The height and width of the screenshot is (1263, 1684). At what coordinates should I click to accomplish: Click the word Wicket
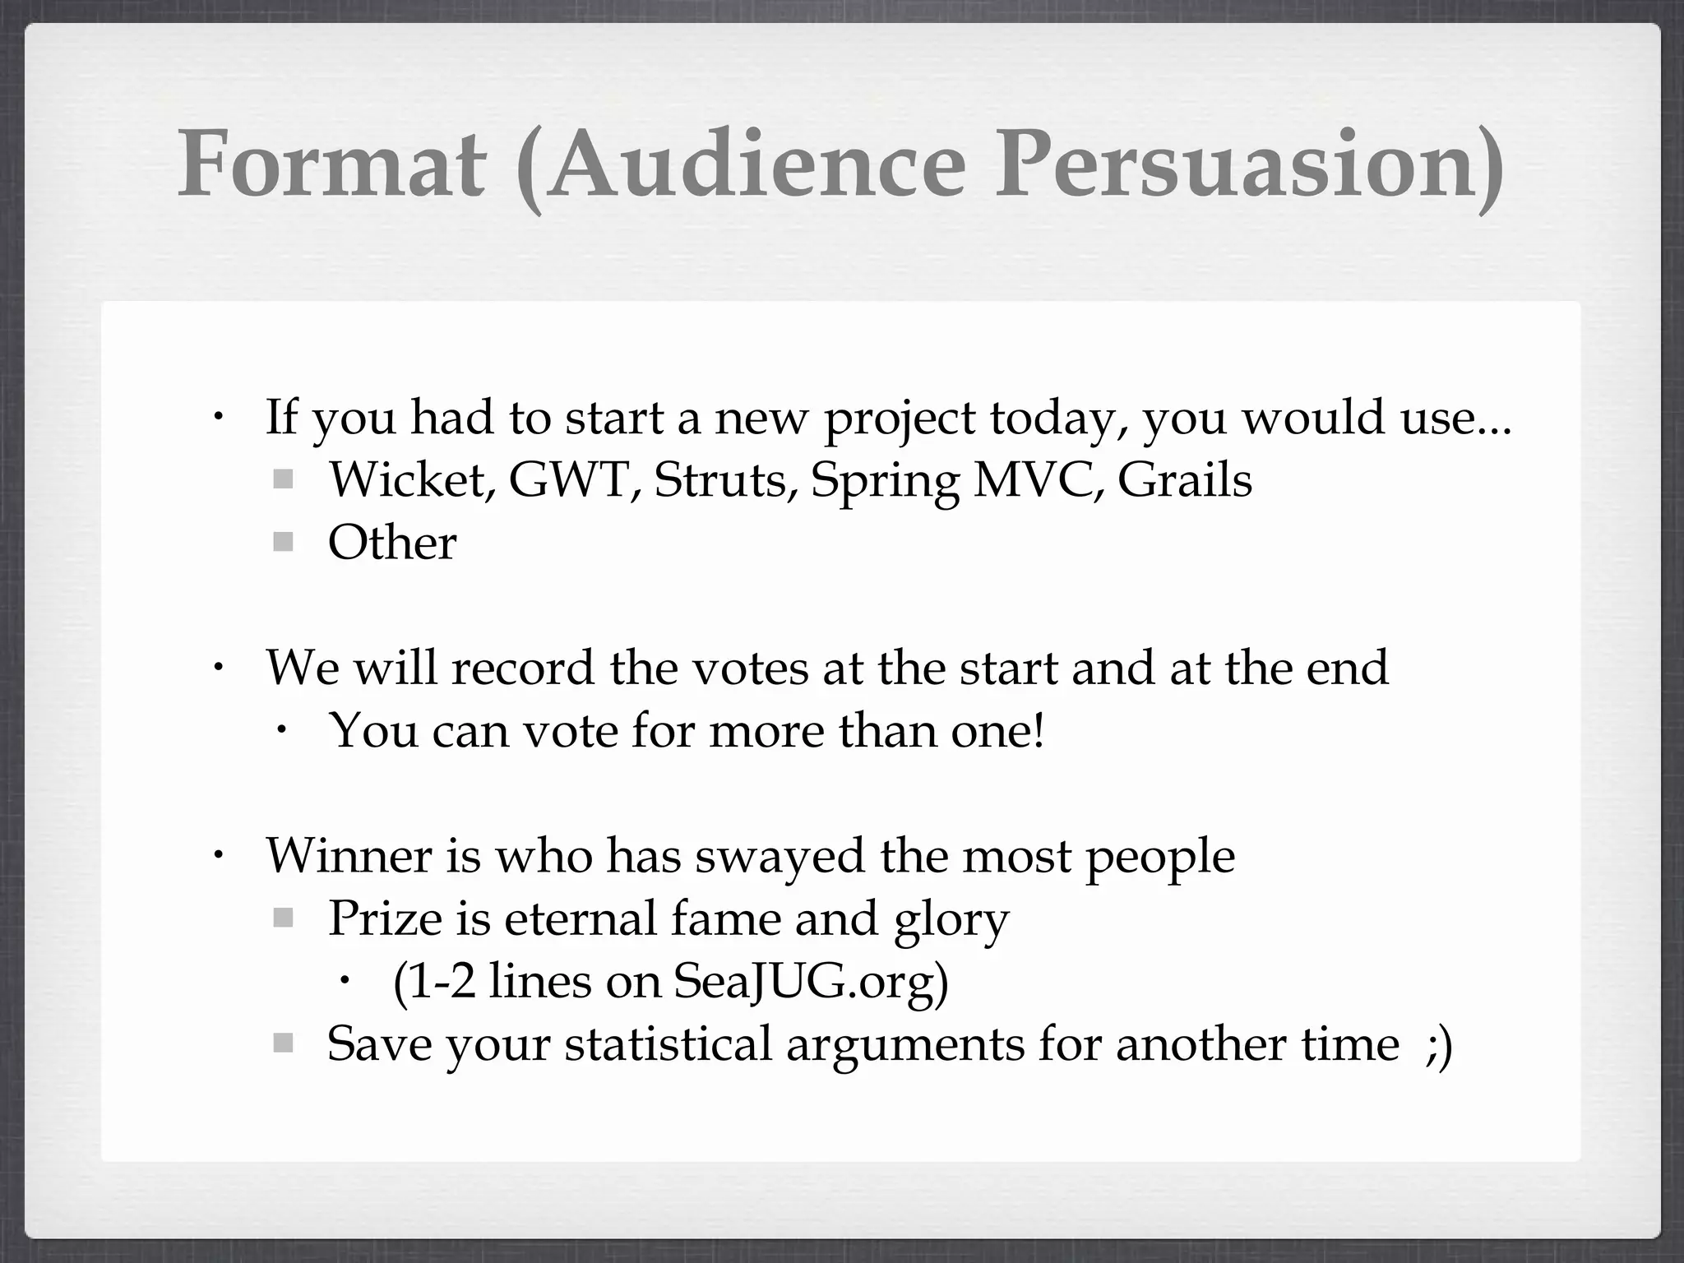409,479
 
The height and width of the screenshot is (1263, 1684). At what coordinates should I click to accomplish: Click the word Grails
1184,479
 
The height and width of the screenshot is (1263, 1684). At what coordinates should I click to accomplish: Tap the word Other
392,543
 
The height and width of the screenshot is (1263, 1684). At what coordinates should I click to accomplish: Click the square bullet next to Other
283,543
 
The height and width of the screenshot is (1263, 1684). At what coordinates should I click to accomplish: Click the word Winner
349,856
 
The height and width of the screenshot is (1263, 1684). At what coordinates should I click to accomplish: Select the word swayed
780,856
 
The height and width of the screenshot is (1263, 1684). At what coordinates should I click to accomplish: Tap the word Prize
385,918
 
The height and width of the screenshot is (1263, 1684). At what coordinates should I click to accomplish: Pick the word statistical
668,1044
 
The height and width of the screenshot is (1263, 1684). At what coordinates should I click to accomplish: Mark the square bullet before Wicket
283,479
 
